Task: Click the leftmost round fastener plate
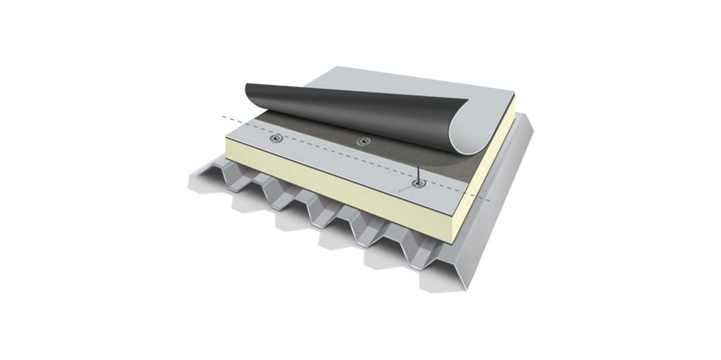coord(277,138)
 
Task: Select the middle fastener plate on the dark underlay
coord(362,141)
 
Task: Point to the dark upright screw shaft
coord(417,174)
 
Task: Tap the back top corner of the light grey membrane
coord(337,67)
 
